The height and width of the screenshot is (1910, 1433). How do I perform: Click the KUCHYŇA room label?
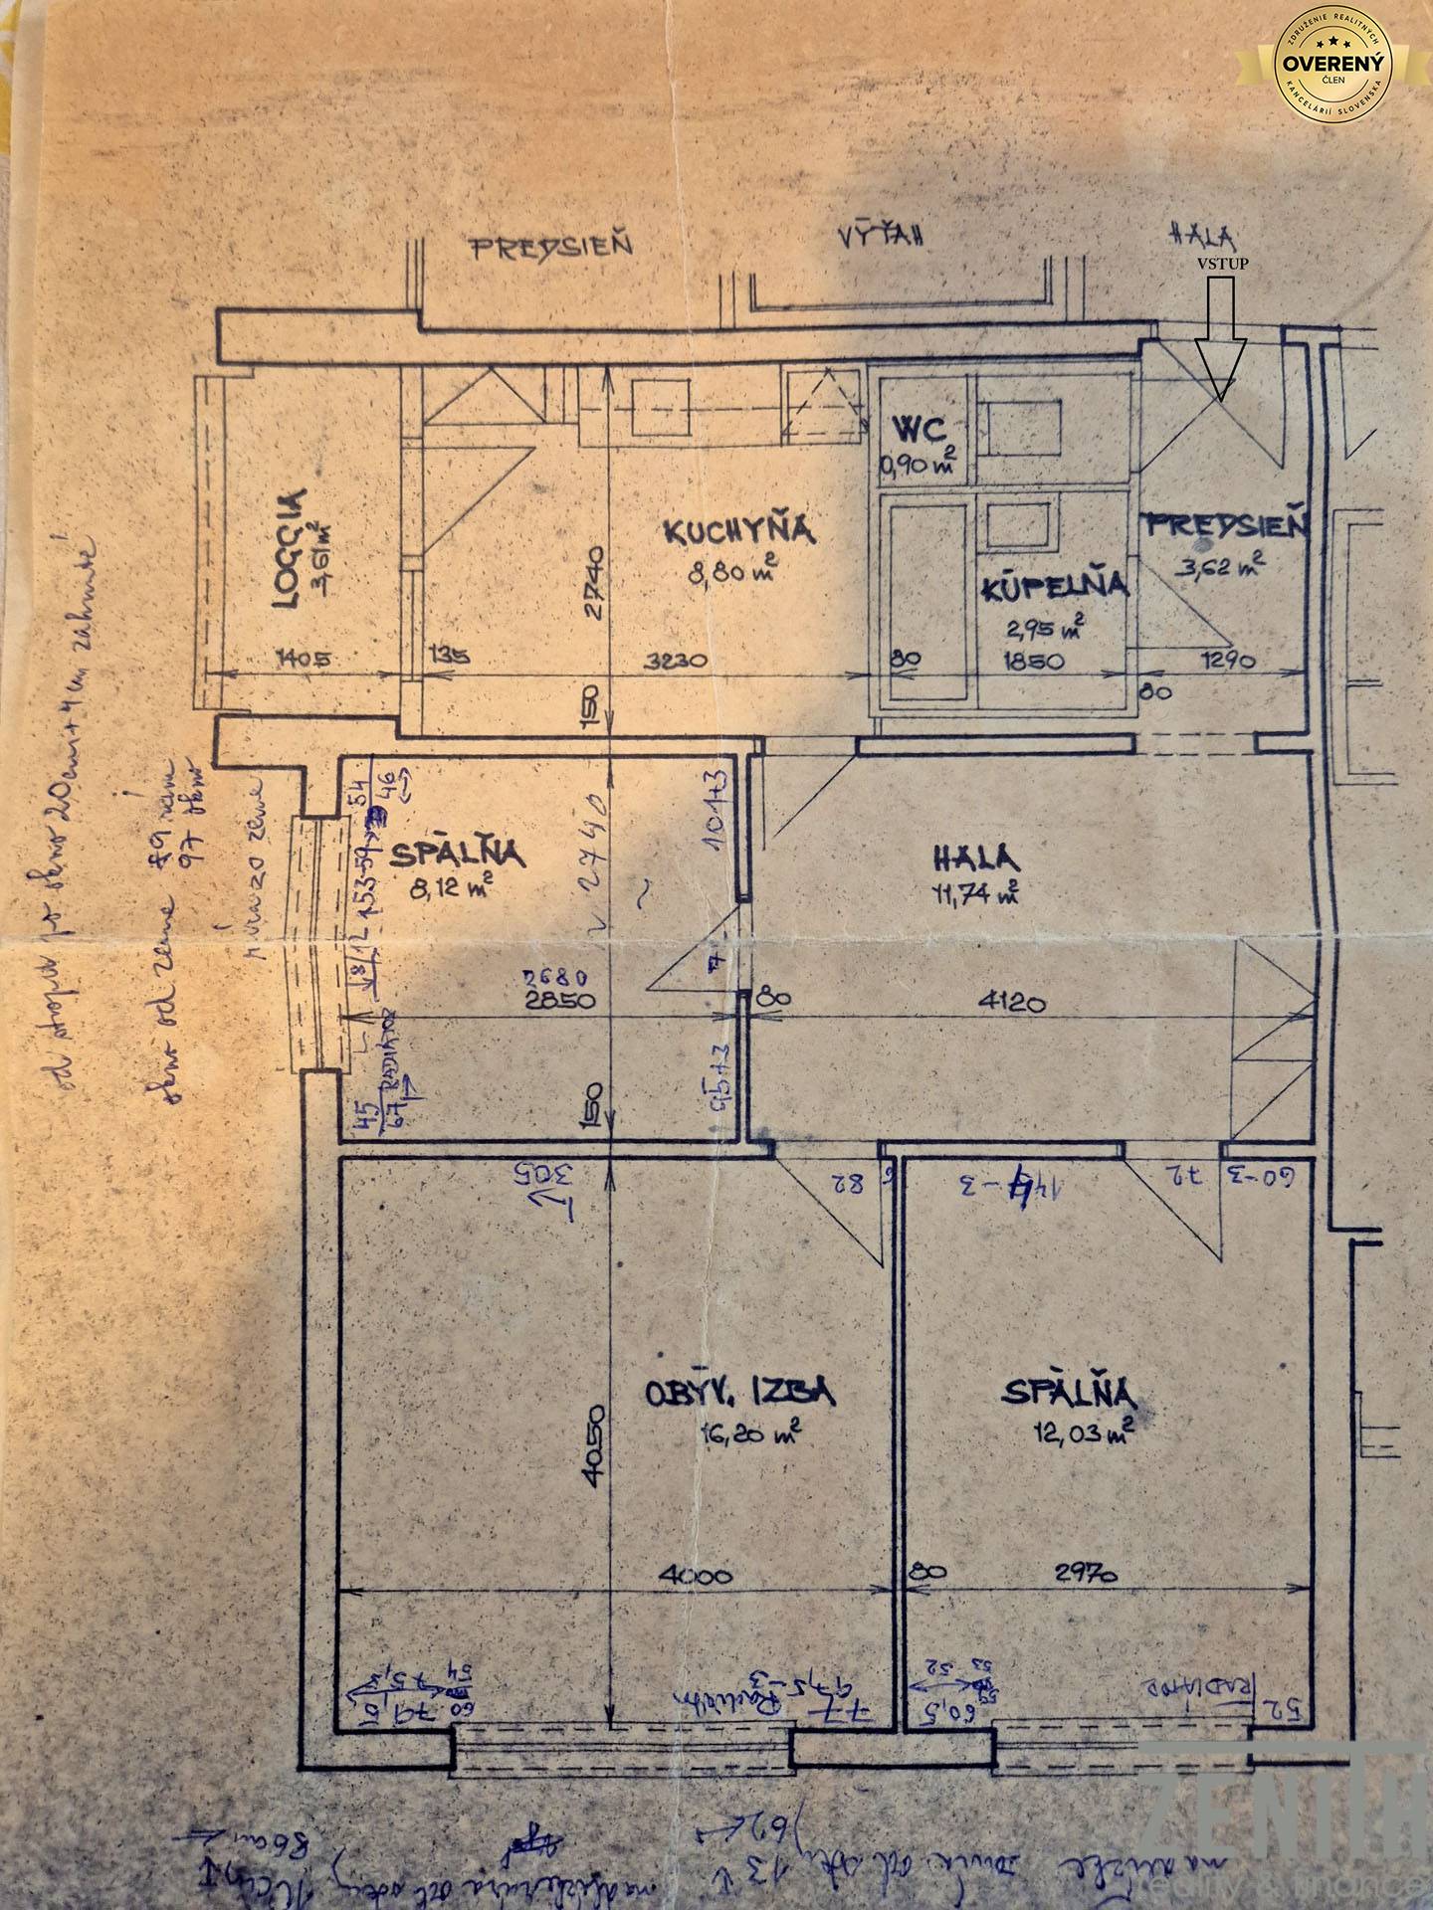pyautogui.click(x=738, y=530)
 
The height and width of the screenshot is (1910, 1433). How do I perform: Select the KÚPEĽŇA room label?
pyautogui.click(x=1055, y=586)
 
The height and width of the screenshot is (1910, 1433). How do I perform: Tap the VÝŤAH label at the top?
pyautogui.click(x=882, y=240)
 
